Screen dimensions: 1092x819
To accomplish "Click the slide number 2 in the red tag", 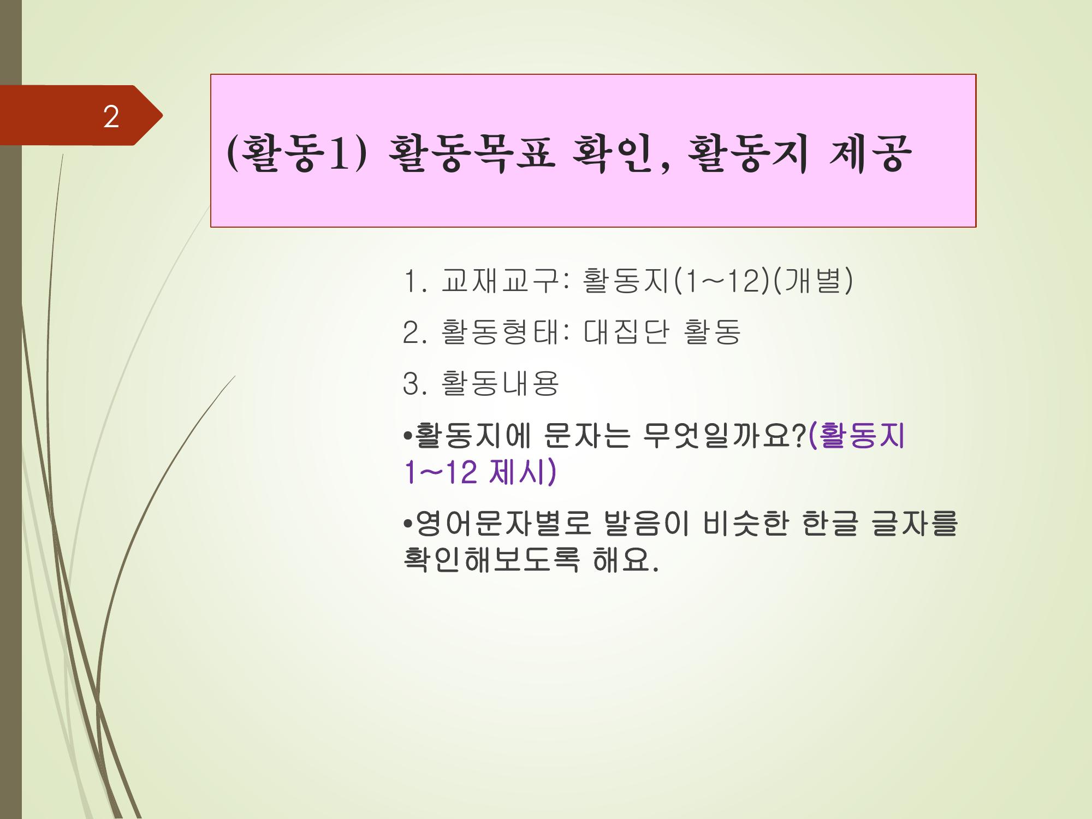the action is click(x=111, y=117).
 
